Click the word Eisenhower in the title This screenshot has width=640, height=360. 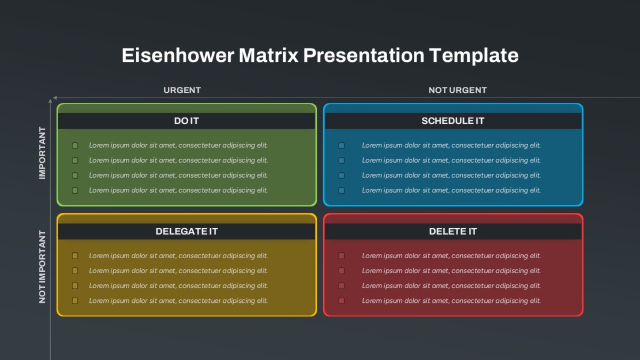point(178,55)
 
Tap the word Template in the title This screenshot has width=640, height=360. point(474,55)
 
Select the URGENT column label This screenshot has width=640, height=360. point(182,90)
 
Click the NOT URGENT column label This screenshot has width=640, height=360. point(458,90)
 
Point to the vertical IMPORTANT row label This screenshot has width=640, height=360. point(42,153)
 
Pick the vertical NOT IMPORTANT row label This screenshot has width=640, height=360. point(42,267)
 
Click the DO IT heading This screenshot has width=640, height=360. point(186,121)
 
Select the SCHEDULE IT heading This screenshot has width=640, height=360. point(453,121)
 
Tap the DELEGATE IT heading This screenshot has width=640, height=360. point(187,231)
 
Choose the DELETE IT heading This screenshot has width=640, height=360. point(453,231)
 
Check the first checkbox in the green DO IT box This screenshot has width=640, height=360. point(75,146)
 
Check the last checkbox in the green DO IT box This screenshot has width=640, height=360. point(75,190)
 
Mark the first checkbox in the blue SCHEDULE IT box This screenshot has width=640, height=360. point(341,146)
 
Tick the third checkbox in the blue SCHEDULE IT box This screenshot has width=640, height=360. point(341,175)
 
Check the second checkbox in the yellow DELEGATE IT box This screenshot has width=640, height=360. point(75,271)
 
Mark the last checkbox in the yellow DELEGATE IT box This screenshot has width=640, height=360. point(75,301)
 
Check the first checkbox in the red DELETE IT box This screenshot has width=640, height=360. point(341,255)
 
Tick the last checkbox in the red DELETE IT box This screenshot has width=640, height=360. point(341,301)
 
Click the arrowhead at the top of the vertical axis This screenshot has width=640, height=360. point(50,101)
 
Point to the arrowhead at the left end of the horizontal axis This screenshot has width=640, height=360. point(55,98)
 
